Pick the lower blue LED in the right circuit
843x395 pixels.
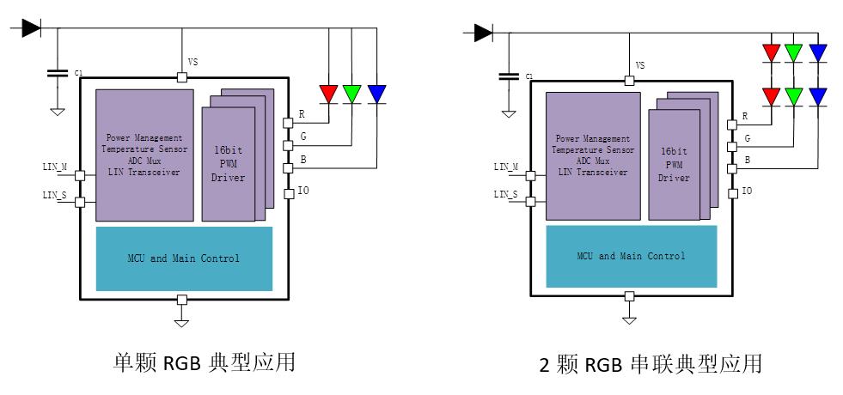click(x=818, y=94)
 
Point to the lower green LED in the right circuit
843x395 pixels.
click(x=795, y=94)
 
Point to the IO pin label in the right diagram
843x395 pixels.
click(x=747, y=191)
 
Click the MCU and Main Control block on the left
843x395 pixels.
click(x=184, y=258)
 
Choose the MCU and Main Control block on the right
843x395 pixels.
click(x=631, y=256)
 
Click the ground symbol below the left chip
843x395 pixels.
click(x=181, y=323)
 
